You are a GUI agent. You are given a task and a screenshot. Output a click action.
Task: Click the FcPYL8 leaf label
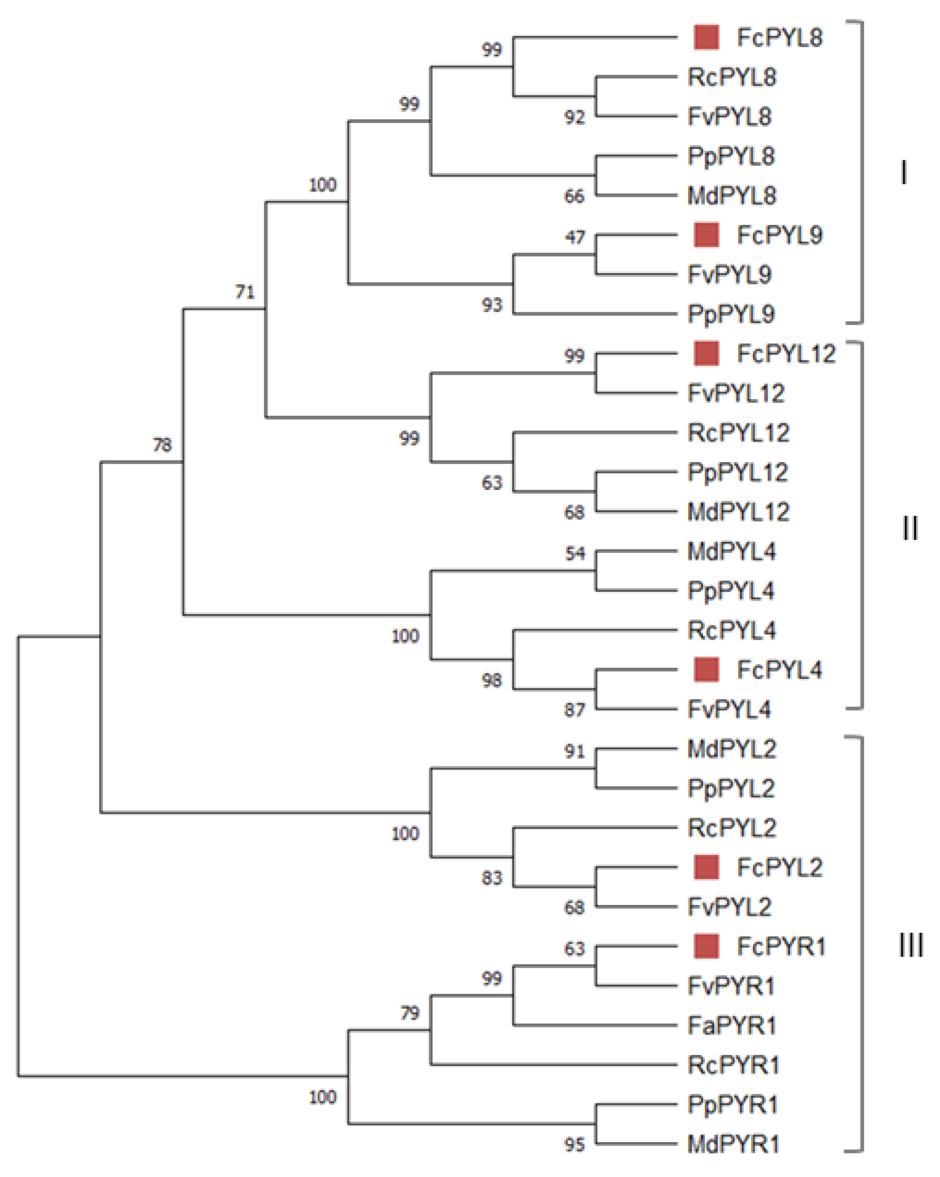(x=779, y=38)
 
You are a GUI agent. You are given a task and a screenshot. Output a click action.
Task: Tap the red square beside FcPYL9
(x=706, y=235)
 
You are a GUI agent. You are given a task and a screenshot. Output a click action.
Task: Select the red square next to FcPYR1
(x=706, y=946)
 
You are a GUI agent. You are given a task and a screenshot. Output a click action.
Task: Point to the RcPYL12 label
(x=737, y=433)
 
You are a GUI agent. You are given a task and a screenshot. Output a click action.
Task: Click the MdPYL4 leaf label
(x=731, y=551)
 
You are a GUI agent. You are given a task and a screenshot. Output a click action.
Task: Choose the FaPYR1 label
(x=731, y=1025)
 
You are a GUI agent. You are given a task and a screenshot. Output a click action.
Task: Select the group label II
(x=909, y=528)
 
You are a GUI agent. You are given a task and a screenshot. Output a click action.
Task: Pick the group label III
(x=910, y=945)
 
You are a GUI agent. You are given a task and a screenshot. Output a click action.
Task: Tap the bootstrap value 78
(x=162, y=445)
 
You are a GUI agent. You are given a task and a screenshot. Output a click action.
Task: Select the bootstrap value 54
(x=574, y=554)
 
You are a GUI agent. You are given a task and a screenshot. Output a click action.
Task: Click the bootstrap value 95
(x=574, y=1145)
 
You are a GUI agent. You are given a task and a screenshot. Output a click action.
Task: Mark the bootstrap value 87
(x=574, y=710)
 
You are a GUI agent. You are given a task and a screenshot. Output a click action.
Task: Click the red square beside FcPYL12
(x=706, y=353)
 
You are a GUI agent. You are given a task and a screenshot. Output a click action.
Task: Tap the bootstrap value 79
(x=410, y=1013)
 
